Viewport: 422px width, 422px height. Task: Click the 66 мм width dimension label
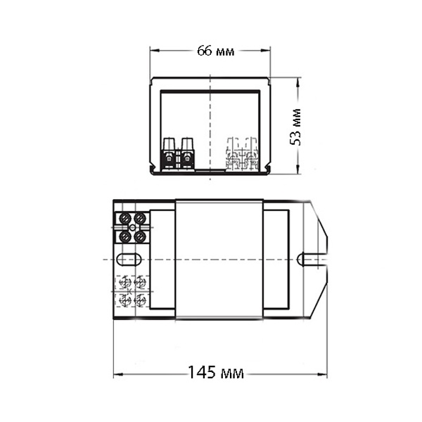pos(216,51)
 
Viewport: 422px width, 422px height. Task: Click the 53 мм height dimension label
pos(295,127)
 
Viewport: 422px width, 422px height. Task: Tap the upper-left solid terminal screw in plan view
pos(125,218)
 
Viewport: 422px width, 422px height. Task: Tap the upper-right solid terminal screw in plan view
pos(140,218)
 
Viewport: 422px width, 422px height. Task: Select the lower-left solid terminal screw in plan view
pos(125,236)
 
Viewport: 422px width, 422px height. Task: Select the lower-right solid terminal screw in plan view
pos(140,236)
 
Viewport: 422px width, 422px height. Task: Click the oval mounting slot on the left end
pos(129,260)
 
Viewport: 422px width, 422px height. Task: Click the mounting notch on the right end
pos(312,260)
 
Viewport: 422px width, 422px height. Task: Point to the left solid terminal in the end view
pos(169,154)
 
